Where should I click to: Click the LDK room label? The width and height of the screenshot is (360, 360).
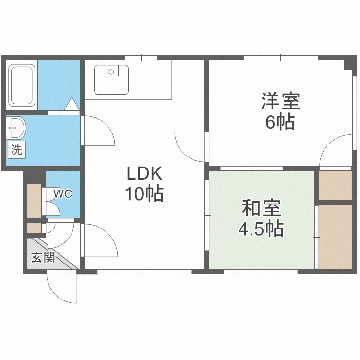[x=145, y=173]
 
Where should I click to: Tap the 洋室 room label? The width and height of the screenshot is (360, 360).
[x=281, y=102]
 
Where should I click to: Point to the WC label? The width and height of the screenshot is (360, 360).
[x=62, y=193]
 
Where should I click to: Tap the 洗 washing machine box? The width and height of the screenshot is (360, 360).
[x=16, y=149]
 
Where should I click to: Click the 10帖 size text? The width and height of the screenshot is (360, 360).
[x=144, y=194]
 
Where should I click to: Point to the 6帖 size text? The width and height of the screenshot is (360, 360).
[x=280, y=123]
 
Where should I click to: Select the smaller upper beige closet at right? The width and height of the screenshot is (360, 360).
[x=336, y=185]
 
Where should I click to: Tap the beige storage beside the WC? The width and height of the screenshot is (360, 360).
[x=34, y=200]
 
